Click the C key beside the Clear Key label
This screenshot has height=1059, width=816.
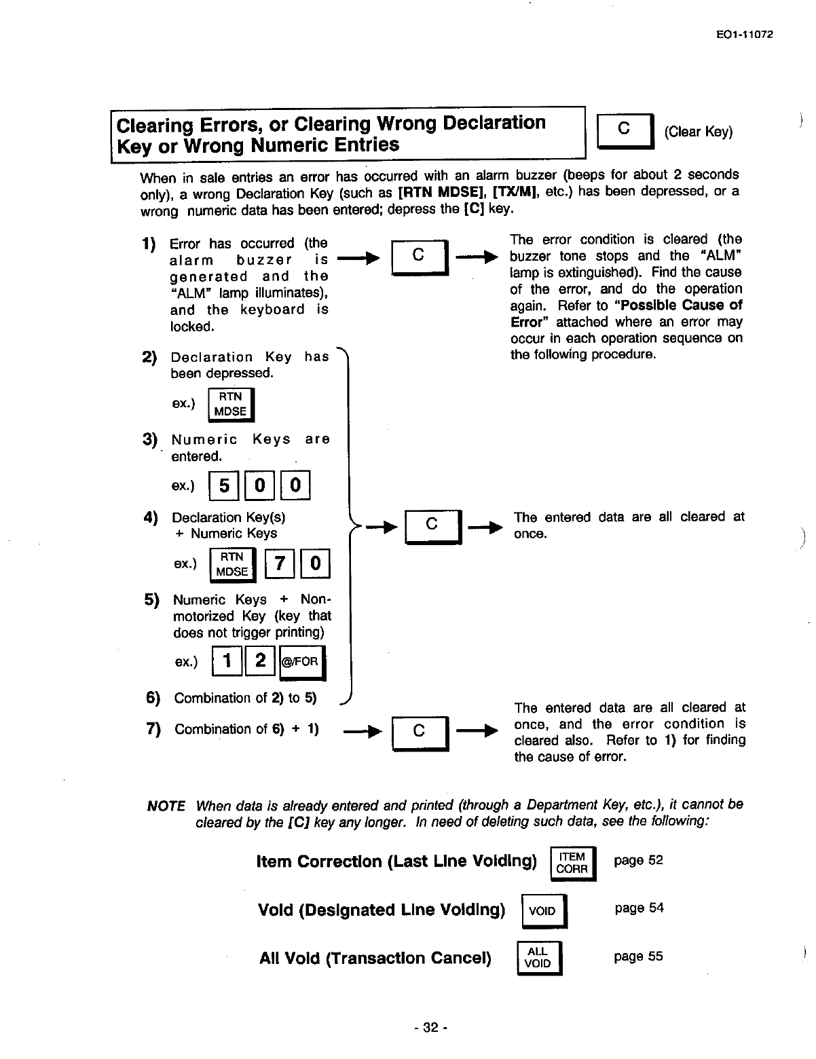click(x=624, y=131)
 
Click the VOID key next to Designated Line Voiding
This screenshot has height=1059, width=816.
click(x=543, y=911)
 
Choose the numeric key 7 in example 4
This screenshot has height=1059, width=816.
click(x=279, y=564)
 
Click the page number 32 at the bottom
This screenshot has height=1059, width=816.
click(x=430, y=1028)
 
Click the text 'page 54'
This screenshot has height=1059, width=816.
click(x=639, y=908)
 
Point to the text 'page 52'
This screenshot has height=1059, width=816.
click(x=638, y=861)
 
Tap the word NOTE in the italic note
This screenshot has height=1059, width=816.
click(x=166, y=806)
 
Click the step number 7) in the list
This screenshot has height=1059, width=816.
click(x=153, y=729)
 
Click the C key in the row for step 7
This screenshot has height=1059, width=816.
click(x=420, y=732)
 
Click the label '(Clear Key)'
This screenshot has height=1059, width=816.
click(x=699, y=132)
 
